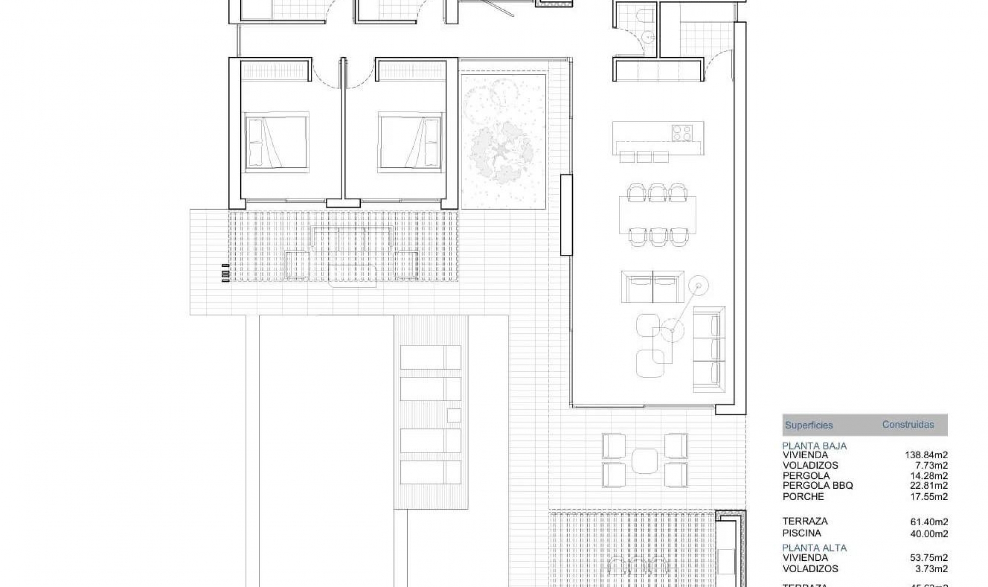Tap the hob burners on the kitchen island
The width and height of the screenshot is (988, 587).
point(681,132)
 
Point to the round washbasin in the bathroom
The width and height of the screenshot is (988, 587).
point(649,37)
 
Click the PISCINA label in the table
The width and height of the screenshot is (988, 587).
point(801,533)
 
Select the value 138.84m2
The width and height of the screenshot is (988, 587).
point(926,455)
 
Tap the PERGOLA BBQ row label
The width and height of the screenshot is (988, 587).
point(817,486)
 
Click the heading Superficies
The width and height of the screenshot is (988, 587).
point(808,426)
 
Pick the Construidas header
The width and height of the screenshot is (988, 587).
point(908,425)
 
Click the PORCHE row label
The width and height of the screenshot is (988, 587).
point(803,496)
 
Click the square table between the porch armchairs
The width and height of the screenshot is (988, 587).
point(645,461)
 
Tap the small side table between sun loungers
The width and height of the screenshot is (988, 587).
point(454,415)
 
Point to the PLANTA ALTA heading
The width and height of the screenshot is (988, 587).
point(814,548)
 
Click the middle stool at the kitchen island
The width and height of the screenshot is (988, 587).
point(644,157)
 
